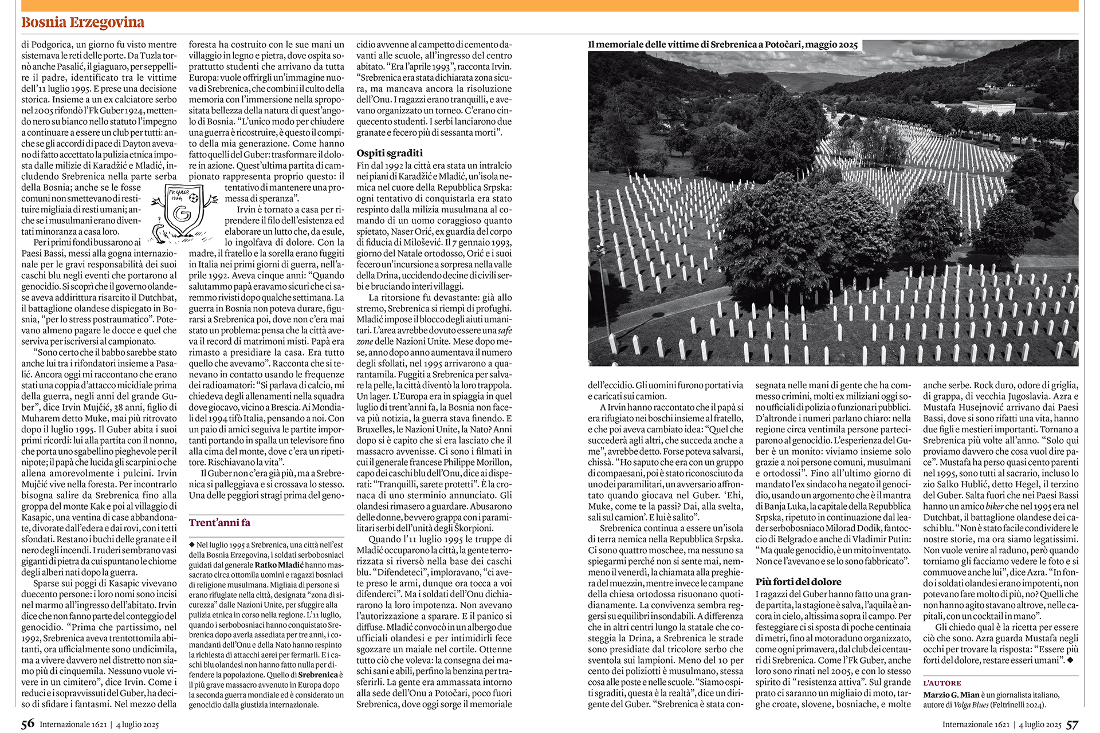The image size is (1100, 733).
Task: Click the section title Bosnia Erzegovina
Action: coord(82,22)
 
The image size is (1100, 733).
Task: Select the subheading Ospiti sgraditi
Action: coord(390,153)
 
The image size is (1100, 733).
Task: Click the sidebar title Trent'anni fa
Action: coord(219,522)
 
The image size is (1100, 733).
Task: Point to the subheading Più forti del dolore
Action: coord(798,581)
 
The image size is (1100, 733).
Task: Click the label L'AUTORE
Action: coord(942,683)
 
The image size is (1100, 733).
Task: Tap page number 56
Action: coord(27,724)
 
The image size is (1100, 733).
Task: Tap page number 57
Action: coord(1072,724)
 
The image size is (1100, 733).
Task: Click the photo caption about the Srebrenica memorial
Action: coord(722,45)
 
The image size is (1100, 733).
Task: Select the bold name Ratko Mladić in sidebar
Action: coord(279,565)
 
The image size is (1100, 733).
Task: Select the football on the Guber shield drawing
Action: coord(194,198)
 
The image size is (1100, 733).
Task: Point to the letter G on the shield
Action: coord(182,214)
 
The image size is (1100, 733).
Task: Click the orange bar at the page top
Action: coord(550,6)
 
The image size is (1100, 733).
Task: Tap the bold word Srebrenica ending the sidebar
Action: coord(318,675)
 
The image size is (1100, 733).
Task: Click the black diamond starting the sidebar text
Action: coord(192,545)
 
